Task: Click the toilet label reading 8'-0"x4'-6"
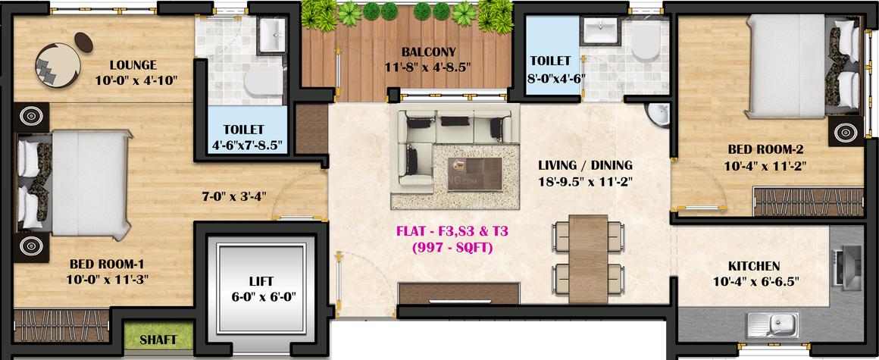556,76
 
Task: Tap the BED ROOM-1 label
107,264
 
